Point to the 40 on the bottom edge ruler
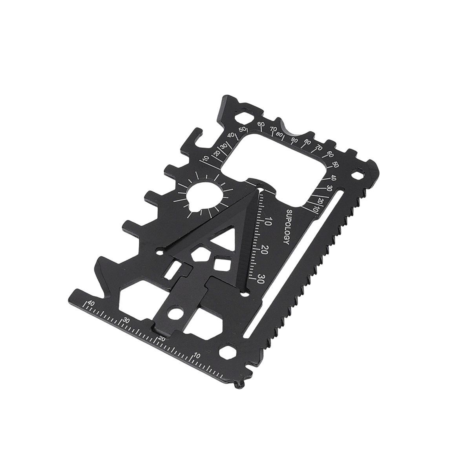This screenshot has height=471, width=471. coord(91,303)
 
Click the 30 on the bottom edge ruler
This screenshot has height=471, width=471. coord(126,320)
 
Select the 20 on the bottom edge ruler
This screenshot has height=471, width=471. coord(162,338)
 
